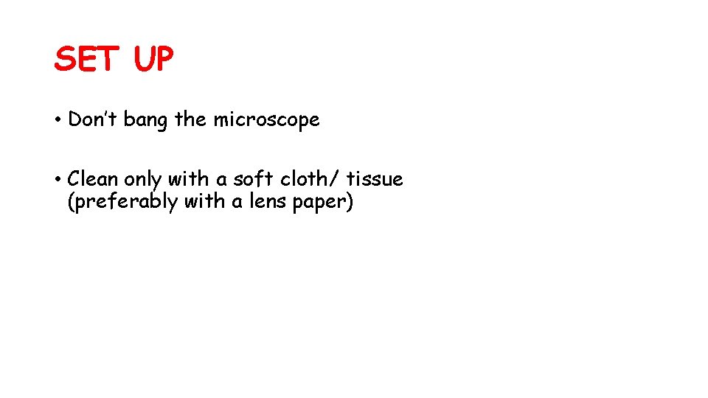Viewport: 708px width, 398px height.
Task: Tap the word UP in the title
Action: pyautogui.click(x=153, y=59)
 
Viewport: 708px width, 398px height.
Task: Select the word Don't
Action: pyautogui.click(x=92, y=119)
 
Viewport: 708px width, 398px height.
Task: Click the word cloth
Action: pyautogui.click(x=302, y=179)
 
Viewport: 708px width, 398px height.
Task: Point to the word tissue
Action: pyautogui.click(x=375, y=179)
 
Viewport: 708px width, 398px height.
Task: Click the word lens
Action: pyautogui.click(x=268, y=201)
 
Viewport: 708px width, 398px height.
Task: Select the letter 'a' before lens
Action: pyautogui.click(x=237, y=203)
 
